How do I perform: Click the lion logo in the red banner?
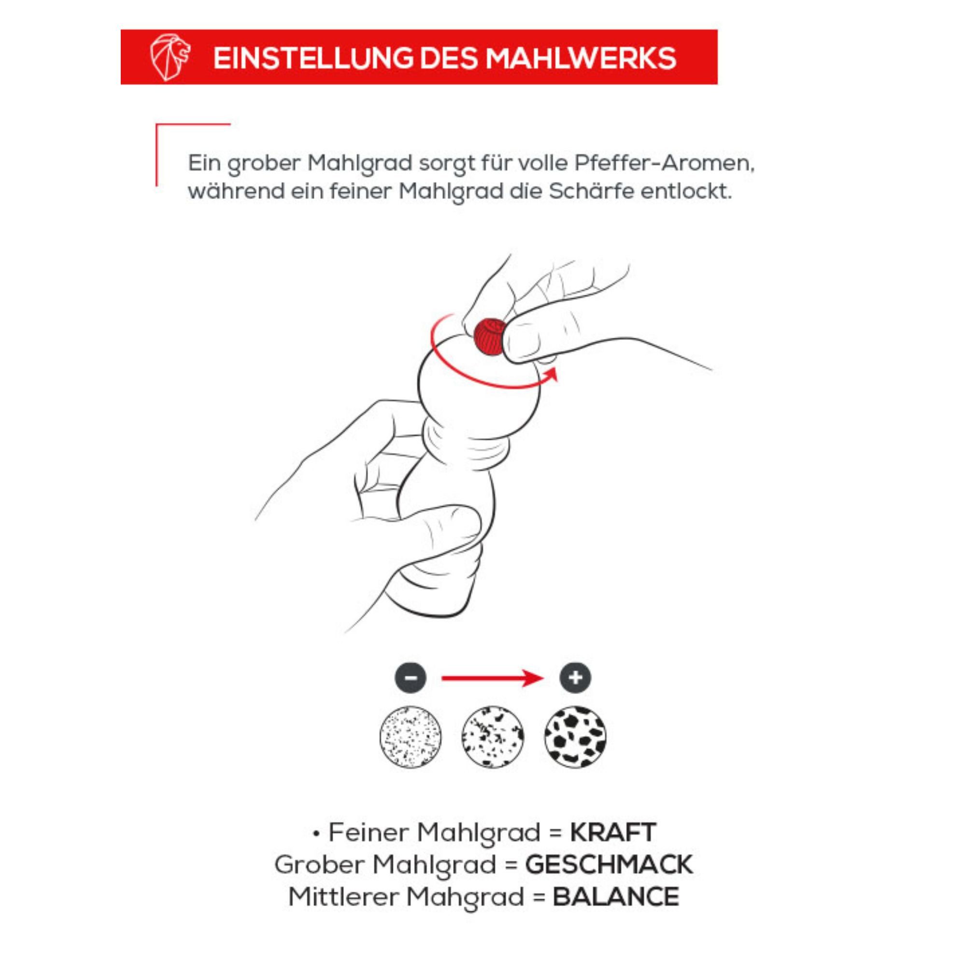(170, 57)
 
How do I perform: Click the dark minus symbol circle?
(411, 678)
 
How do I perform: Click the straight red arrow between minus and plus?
(492, 679)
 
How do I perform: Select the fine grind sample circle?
(411, 737)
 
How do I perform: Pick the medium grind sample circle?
(493, 737)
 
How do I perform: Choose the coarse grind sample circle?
(575, 737)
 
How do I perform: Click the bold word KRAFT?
(612, 833)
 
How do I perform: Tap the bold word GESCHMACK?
(609, 865)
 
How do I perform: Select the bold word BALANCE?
(615, 896)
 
